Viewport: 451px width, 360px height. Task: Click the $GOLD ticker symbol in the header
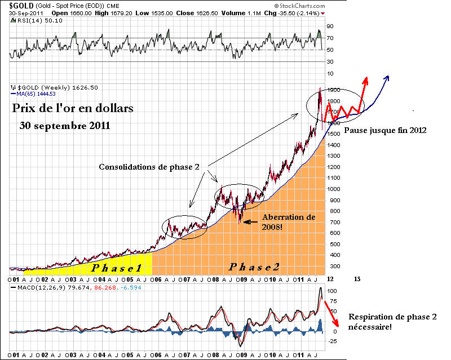pyautogui.click(x=20, y=5)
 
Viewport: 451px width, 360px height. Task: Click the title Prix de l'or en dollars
pyautogui.click(x=73, y=108)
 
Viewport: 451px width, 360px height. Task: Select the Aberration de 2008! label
pyautogui.click(x=288, y=222)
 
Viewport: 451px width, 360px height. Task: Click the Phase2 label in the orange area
pyautogui.click(x=254, y=266)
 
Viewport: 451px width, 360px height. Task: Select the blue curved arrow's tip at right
pyautogui.click(x=388, y=77)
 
